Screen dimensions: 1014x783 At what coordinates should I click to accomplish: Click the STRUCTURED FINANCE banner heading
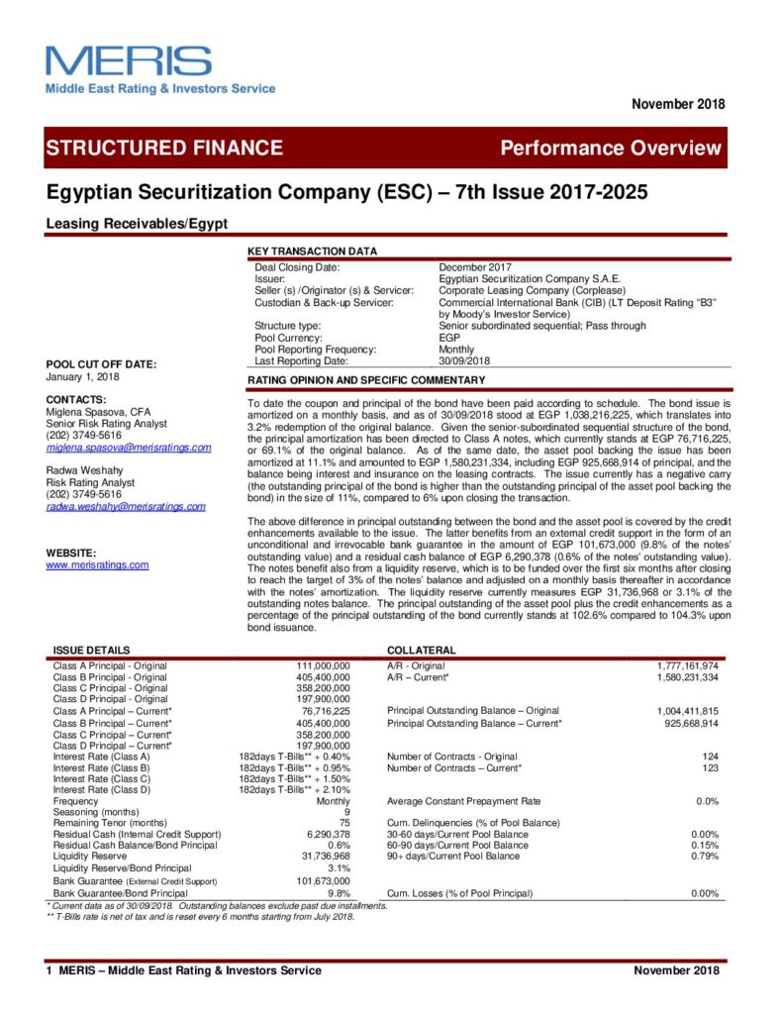163,149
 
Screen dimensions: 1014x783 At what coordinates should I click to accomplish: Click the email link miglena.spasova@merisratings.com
129,448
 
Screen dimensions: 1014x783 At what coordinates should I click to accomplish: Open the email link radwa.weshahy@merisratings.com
126,506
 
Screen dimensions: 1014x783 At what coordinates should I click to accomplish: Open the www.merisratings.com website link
97,564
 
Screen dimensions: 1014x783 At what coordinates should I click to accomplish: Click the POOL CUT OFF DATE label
101,364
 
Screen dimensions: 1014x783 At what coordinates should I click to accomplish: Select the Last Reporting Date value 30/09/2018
465,360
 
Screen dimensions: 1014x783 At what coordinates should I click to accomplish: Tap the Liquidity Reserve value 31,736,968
327,856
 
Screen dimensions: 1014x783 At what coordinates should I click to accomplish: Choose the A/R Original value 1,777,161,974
687,666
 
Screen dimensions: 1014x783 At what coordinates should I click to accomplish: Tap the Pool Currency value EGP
448,338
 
